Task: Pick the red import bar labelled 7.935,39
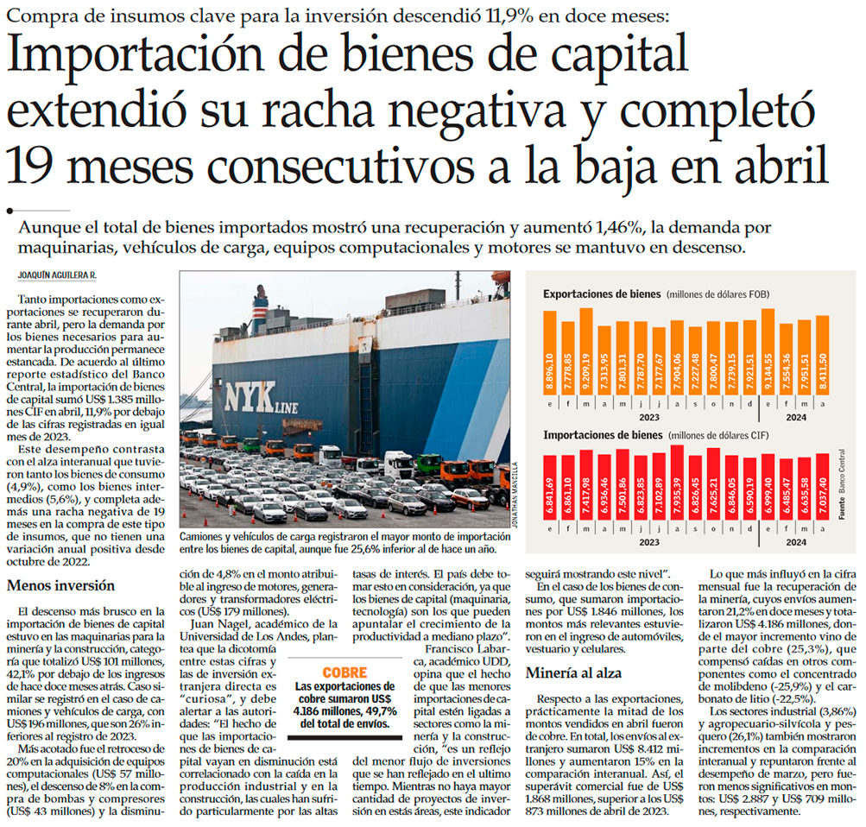pos(678,491)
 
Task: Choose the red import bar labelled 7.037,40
pos(822,496)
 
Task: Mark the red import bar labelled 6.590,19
pos(749,496)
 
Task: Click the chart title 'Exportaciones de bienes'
pos(601,294)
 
